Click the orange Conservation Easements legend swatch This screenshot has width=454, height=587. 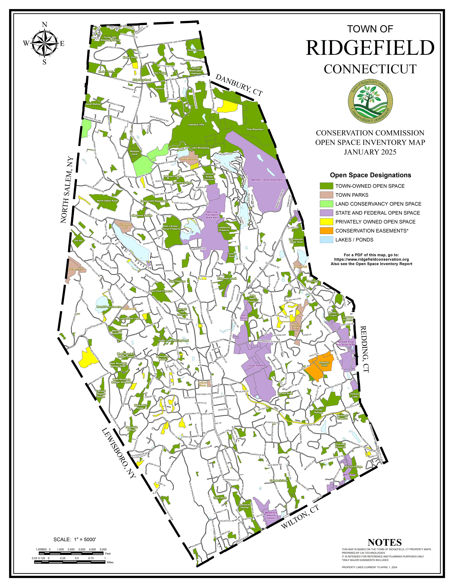(326, 231)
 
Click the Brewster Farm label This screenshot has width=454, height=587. (324, 364)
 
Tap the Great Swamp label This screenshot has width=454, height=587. (257, 366)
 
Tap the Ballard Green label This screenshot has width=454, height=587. (203, 384)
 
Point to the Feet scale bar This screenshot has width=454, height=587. (71, 553)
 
